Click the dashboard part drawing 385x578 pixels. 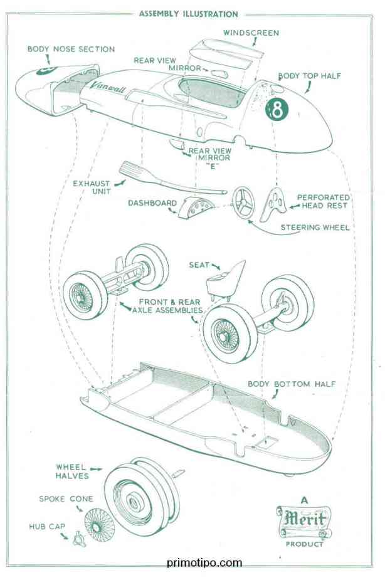(x=194, y=208)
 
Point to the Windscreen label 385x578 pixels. (x=251, y=33)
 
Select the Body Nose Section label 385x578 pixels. (x=71, y=49)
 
